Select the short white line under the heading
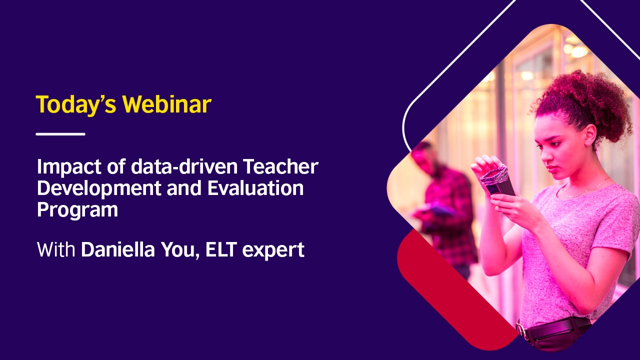tap(60, 134)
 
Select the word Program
tap(77, 210)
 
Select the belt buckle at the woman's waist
tap(522, 331)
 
